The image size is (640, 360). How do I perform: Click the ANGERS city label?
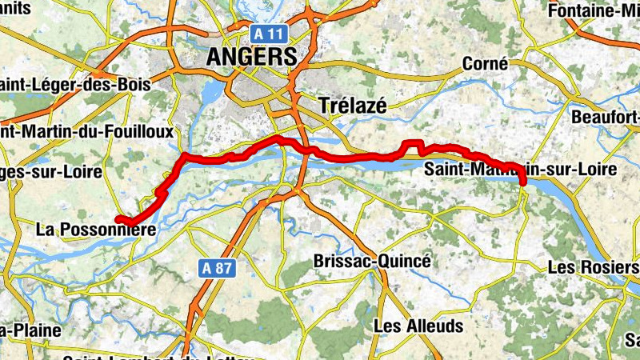pos(251,56)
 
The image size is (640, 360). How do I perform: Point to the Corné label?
pos(486,64)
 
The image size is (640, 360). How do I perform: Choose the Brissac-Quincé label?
pos(372,262)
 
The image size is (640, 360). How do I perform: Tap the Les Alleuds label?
pos(418,326)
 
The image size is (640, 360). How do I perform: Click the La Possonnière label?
pos(94,230)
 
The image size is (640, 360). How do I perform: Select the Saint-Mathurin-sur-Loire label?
pos(520,170)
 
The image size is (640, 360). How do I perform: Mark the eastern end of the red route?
pos(523,183)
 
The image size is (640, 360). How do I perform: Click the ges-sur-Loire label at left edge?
pos(51,172)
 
